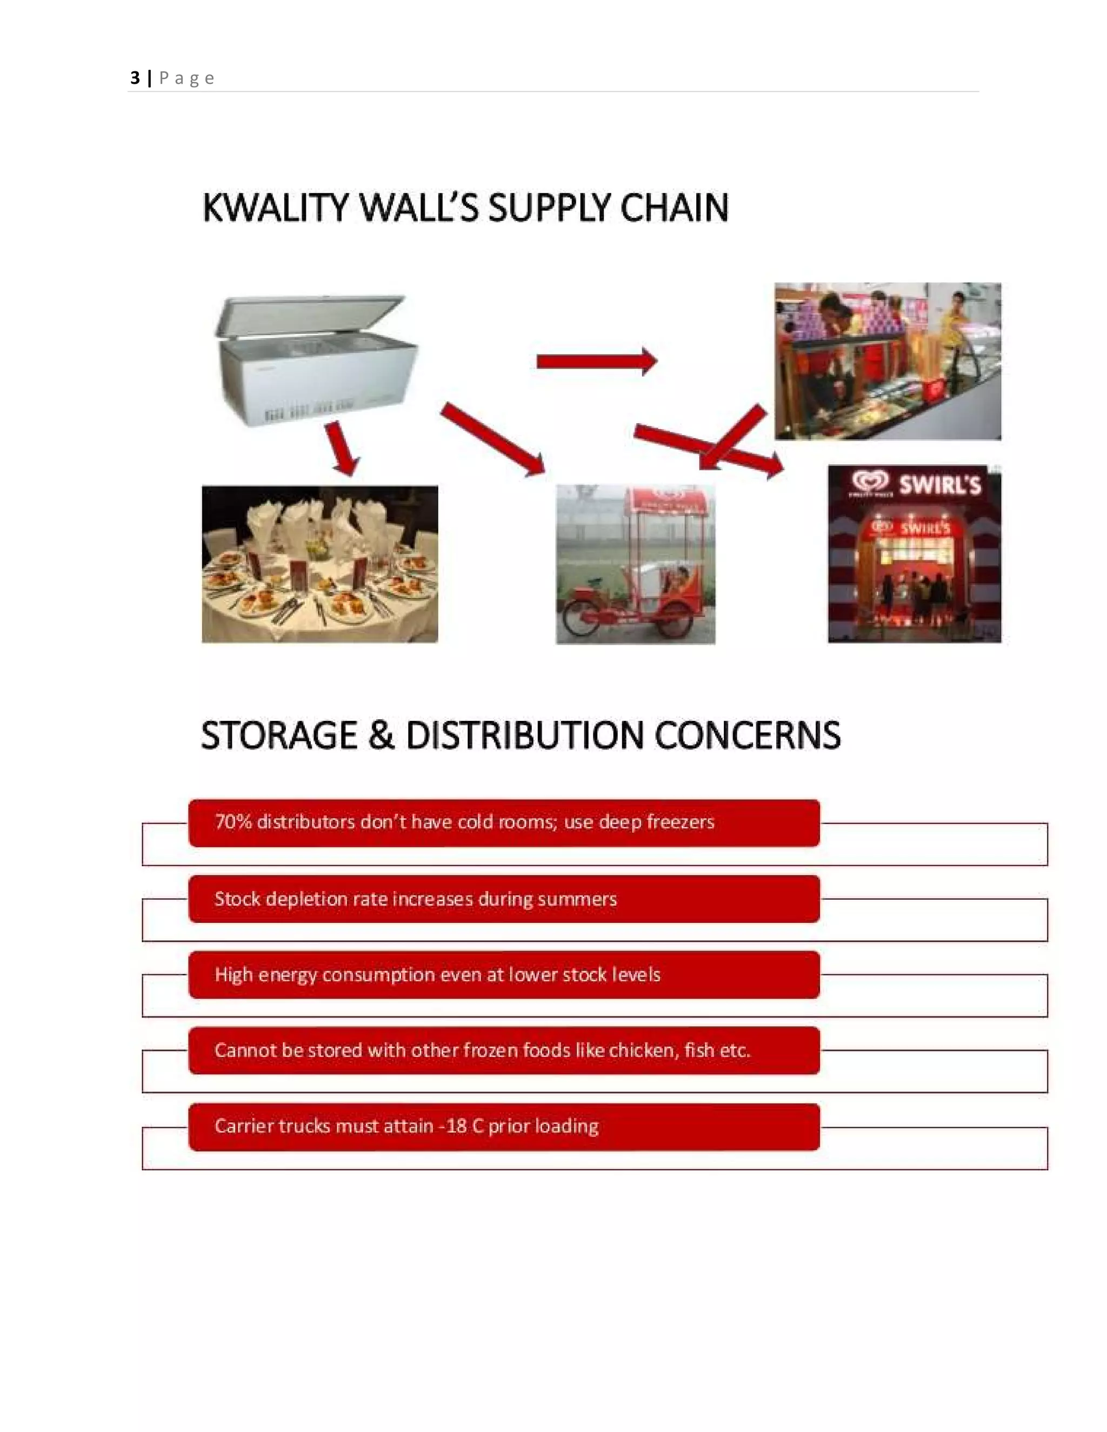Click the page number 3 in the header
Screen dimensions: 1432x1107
coord(135,78)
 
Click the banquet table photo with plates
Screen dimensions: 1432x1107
coord(319,564)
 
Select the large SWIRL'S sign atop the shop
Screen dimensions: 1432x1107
coord(938,485)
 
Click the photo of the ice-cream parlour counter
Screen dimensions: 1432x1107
coord(888,362)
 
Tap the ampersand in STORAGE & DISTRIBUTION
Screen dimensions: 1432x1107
coord(381,735)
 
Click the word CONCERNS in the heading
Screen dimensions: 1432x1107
coord(747,735)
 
